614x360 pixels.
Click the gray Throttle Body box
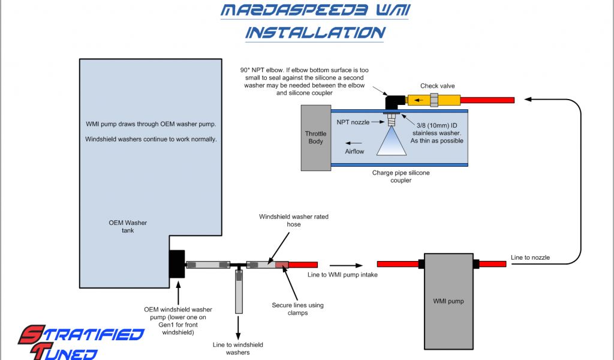coord(315,137)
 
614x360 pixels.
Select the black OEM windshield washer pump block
coord(177,264)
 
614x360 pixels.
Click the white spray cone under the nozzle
coord(393,144)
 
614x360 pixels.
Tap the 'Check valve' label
coord(437,86)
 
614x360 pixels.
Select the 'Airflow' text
coord(354,152)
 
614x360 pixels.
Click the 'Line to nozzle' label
coord(530,257)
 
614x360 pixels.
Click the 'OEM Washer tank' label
coord(128,226)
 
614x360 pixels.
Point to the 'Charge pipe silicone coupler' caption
coord(401,176)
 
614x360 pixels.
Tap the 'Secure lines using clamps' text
coord(297,309)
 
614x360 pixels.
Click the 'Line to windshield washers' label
coord(238,349)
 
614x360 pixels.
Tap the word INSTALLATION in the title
coord(314,32)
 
